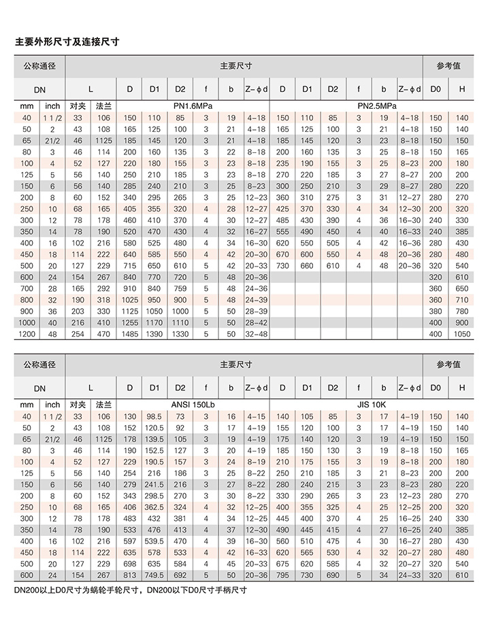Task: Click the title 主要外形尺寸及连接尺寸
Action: pyautogui.click(x=67, y=42)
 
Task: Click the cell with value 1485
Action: pyautogui.click(x=129, y=334)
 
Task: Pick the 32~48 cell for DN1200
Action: pyautogui.click(x=256, y=334)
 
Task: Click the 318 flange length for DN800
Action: pyautogui.click(x=103, y=299)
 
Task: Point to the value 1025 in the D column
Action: pyautogui.click(x=129, y=299)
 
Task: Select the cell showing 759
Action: pyautogui.click(x=180, y=288)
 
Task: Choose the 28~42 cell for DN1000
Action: pyautogui.click(x=256, y=322)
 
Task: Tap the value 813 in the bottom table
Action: pyautogui.click(x=129, y=575)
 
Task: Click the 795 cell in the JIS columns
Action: pyautogui.click(x=282, y=575)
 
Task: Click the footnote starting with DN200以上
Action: pyautogui.click(x=129, y=590)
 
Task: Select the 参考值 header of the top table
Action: pyautogui.click(x=449, y=66)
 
